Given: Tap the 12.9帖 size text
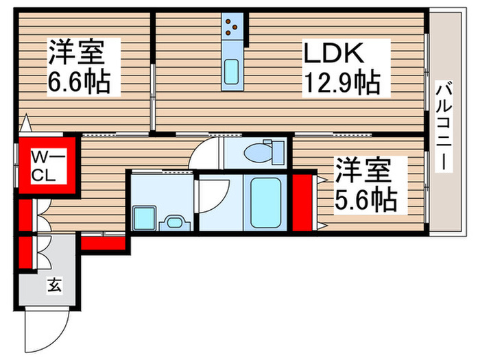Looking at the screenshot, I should [342, 84].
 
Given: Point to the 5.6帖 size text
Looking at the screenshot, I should [365, 199].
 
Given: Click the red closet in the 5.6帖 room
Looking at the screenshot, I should [302, 203].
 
